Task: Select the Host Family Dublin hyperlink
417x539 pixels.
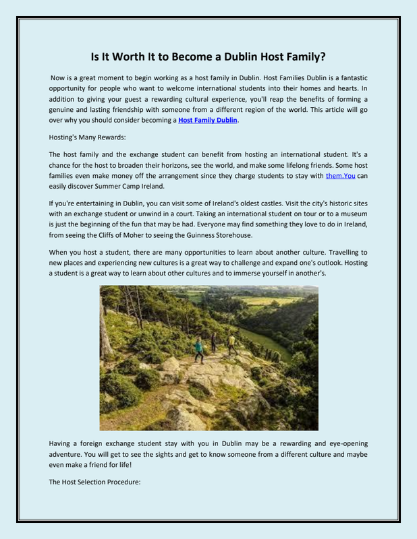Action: coord(208,121)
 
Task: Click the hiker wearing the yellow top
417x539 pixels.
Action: coord(231,344)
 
